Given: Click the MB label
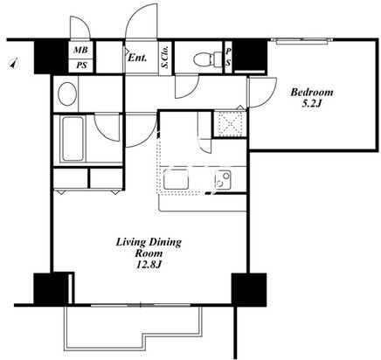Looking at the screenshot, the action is coord(80,50).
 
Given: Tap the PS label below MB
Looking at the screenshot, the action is coord(81,66).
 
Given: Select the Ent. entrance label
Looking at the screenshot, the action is coord(137,58).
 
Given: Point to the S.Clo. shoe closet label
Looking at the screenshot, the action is coord(166,57).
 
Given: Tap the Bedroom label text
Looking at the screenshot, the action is coord(312,93).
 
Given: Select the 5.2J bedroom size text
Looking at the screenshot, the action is coord(311,104).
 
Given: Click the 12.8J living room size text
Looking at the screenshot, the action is coord(149,265).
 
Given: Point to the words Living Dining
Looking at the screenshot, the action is coord(149,242).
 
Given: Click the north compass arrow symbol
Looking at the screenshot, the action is coord(14,64).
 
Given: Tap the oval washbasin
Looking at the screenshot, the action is coord(67,93).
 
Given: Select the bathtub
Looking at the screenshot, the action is coord(73,139).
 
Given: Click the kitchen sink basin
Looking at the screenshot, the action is coord(176,179).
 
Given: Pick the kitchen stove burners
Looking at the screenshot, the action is coord(223,179).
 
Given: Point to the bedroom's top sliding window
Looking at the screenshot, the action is coord(302,41).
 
